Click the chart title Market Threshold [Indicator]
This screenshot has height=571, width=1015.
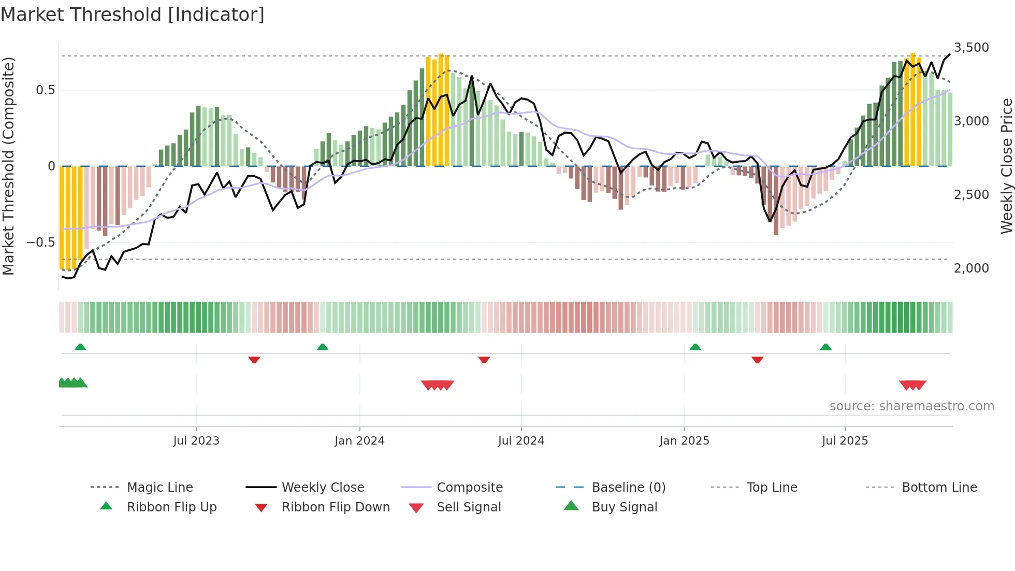[133, 15]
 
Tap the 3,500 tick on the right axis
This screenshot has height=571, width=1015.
[971, 48]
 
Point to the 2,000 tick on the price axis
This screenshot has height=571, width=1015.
[971, 268]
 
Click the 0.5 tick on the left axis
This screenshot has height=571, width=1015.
[45, 90]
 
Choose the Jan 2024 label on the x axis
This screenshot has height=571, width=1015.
[359, 441]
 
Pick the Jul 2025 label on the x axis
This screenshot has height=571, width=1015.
[845, 441]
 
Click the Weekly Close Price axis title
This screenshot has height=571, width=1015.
[1006, 166]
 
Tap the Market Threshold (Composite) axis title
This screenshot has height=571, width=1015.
[8, 166]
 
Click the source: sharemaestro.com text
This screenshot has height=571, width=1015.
[911, 406]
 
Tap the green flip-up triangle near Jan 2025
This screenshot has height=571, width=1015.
[695, 347]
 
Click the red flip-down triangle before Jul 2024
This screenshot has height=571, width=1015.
[484, 360]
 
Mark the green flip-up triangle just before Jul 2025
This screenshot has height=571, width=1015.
[825, 347]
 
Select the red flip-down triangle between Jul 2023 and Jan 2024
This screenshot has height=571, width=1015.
[254, 360]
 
